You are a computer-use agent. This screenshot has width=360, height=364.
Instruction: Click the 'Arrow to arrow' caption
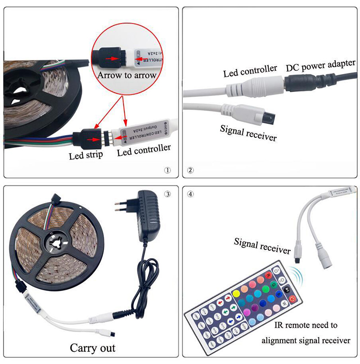tap(126, 75)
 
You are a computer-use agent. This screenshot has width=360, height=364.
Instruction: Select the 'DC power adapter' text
tap(321, 66)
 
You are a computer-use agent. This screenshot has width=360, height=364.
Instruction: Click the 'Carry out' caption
tap(93, 348)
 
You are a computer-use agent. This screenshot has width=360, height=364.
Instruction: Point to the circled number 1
tap(167, 171)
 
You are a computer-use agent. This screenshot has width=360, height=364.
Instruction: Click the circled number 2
tap(190, 171)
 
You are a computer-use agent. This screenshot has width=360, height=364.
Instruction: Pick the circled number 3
tap(167, 194)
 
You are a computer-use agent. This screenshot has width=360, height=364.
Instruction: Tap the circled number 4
tap(191, 194)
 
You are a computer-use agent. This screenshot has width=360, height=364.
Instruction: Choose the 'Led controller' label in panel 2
tap(250, 70)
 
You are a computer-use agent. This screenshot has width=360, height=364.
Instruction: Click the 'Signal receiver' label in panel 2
tap(248, 132)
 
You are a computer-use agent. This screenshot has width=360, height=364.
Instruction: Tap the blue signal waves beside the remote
tap(294, 273)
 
